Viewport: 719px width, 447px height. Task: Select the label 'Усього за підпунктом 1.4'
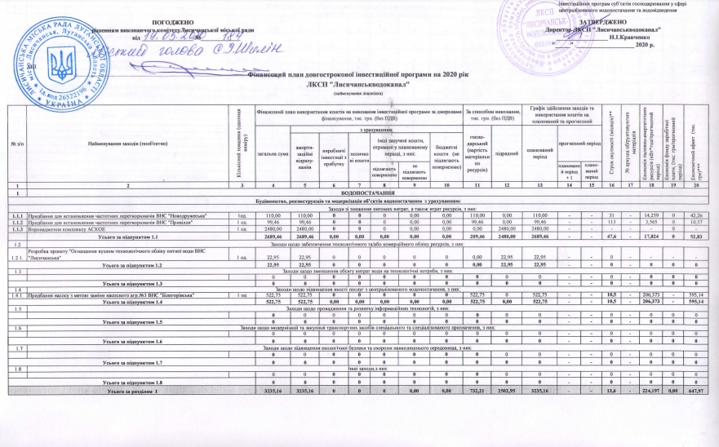point(135,301)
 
